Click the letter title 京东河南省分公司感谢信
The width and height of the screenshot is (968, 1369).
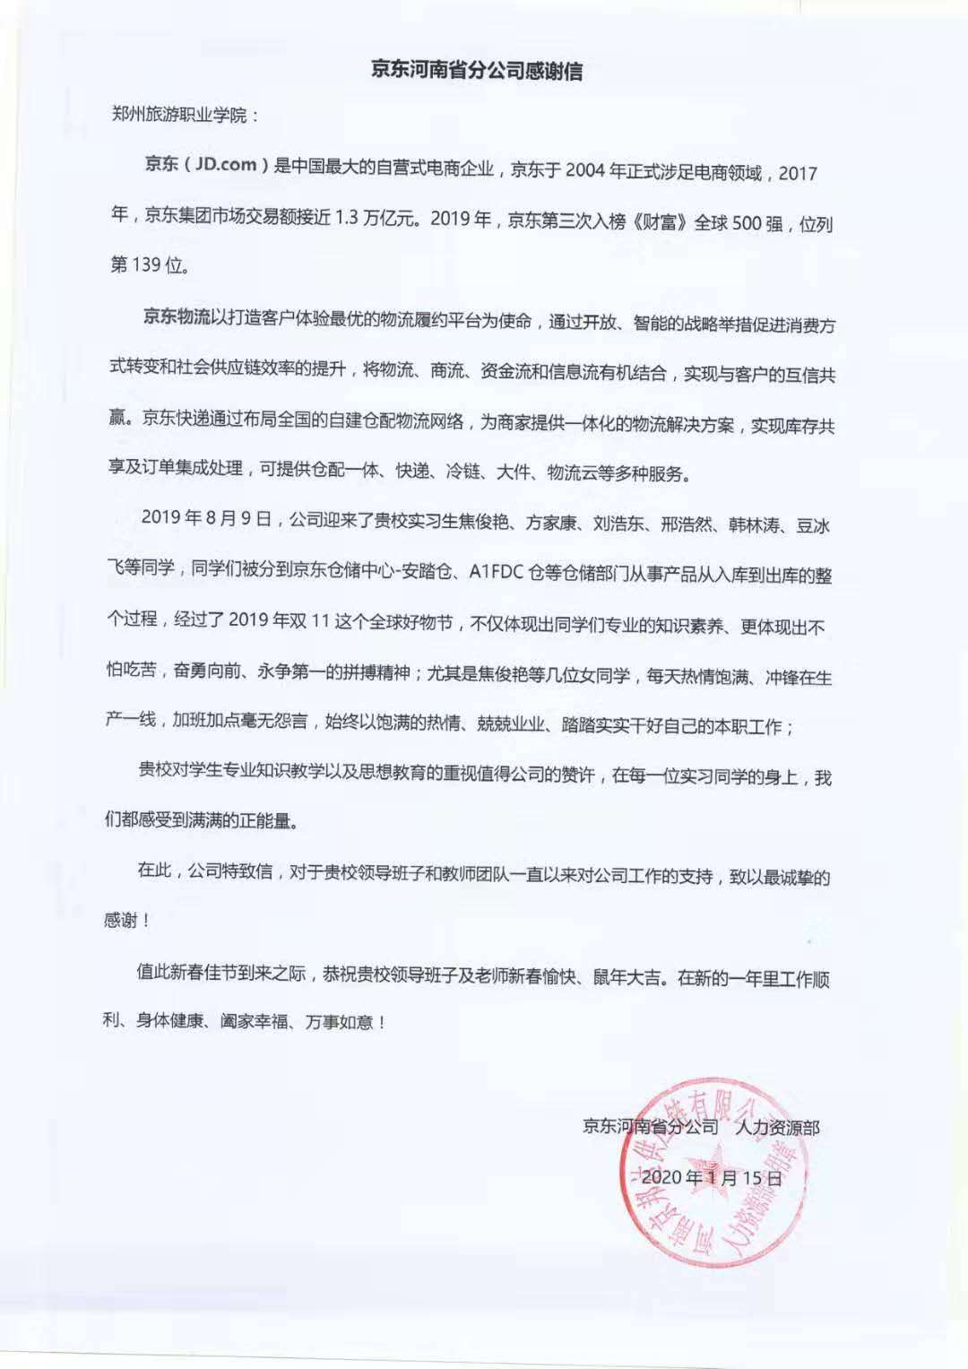[x=477, y=70]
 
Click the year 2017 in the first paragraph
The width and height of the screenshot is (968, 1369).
[x=798, y=172]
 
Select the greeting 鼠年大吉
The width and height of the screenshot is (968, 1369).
[x=631, y=977]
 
